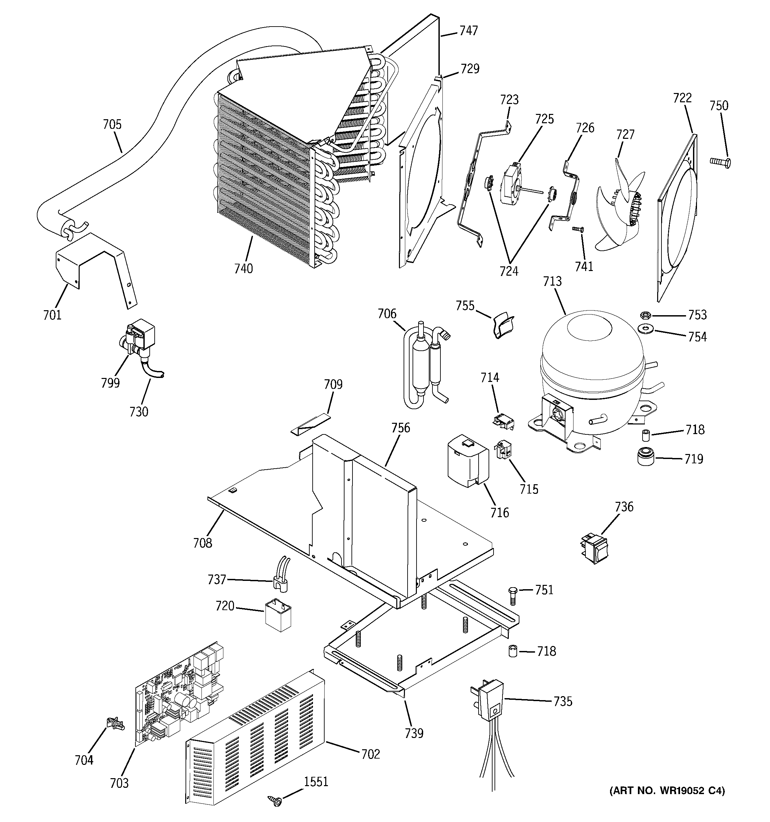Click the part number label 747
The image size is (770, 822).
(468, 31)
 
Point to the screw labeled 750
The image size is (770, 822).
(720, 162)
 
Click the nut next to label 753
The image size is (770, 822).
(644, 316)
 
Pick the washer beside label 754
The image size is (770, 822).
(644, 329)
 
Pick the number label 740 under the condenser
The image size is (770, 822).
(243, 269)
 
